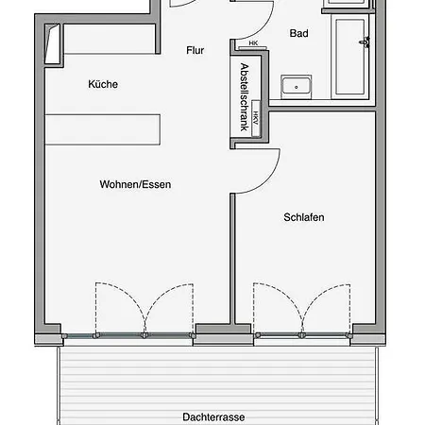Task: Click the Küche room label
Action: pos(103,84)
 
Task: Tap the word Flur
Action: pos(195,50)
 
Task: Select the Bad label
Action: pos(298,33)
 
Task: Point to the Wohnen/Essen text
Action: pos(135,184)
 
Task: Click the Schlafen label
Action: pos(304,217)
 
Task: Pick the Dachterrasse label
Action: pos(213,417)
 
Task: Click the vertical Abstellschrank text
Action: pos(245,97)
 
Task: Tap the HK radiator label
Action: pos(253,43)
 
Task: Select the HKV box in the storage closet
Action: pos(256,118)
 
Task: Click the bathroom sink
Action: pos(296,87)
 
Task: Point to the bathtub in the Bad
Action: pos(349,57)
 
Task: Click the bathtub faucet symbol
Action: pos(365,42)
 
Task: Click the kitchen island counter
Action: pos(103,129)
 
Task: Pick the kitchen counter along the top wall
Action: pos(110,39)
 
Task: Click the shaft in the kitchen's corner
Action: pos(53,44)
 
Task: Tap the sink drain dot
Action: pos(296,87)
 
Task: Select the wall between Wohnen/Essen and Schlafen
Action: pos(232,259)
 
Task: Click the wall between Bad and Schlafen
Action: pos(322,109)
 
